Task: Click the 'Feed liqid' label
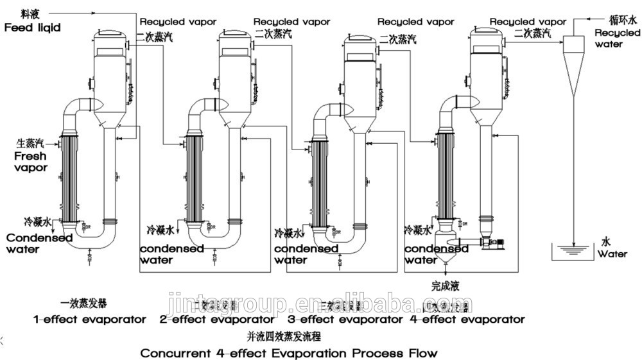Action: click(x=31, y=28)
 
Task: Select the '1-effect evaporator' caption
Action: click(x=90, y=319)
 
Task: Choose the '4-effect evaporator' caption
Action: click(x=467, y=319)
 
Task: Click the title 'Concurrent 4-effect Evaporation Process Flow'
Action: click(x=289, y=353)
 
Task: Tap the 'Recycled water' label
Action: click(x=617, y=39)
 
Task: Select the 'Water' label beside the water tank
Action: click(x=612, y=254)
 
